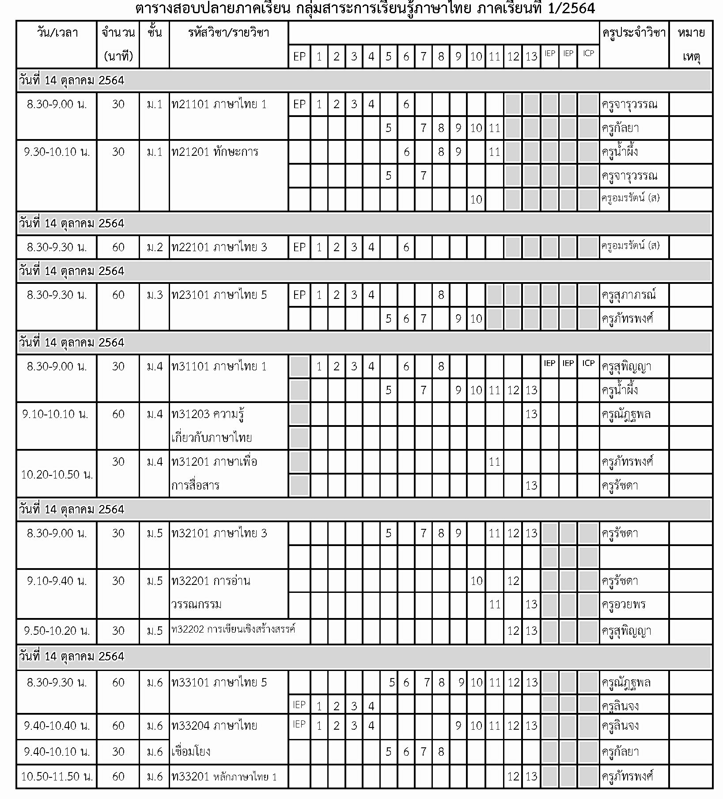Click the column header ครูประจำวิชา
tap(633, 33)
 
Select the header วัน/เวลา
tap(57, 33)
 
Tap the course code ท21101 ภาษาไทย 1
tap(219, 105)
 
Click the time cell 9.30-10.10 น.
tap(57, 152)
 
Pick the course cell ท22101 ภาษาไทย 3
tap(219, 247)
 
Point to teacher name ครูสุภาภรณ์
tap(628, 295)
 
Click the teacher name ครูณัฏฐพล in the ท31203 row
tap(626, 415)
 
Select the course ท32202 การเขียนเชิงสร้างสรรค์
tap(233, 629)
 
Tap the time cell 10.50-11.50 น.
tap(57, 776)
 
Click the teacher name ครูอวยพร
tap(624, 605)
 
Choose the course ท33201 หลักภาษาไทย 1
tap(224, 776)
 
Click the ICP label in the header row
tap(588, 53)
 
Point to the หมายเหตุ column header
tap(691, 44)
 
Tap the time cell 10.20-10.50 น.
tap(57, 475)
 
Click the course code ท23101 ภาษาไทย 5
tap(219, 295)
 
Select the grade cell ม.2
tap(155, 247)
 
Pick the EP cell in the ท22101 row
tap(299, 247)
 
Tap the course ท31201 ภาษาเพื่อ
tap(214, 462)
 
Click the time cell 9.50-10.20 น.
tap(57, 631)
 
